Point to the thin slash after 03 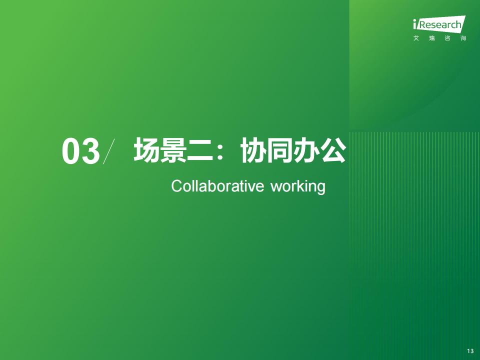point(109,151)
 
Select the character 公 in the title point(333,149)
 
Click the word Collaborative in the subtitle point(217,186)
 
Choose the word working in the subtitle point(298,186)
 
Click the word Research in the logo point(439,25)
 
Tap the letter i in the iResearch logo point(415,24)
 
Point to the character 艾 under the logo point(416,38)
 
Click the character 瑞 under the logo point(432,38)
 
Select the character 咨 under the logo point(447,38)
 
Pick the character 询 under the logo point(463,38)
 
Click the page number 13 point(470,351)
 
